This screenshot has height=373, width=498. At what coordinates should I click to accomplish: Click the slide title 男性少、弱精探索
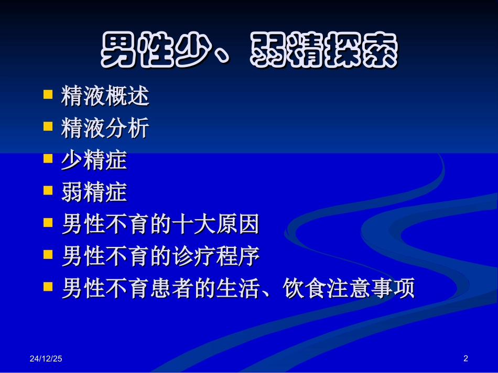pyautogui.click(x=249, y=51)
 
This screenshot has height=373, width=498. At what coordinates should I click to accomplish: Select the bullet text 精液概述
pyautogui.click(x=105, y=96)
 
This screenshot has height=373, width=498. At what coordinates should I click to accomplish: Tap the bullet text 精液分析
pyautogui.click(x=105, y=128)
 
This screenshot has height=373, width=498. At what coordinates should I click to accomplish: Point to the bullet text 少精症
pyautogui.click(x=94, y=160)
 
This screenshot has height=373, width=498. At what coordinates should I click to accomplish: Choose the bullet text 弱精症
pyautogui.click(x=94, y=193)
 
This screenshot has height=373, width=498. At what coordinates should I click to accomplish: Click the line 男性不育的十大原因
pyautogui.click(x=160, y=224)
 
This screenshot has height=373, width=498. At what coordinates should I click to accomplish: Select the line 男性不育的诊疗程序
pyautogui.click(x=160, y=256)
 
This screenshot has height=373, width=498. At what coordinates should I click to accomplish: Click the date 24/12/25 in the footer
pyautogui.click(x=46, y=359)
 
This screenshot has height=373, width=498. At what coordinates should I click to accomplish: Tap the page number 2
pyautogui.click(x=465, y=358)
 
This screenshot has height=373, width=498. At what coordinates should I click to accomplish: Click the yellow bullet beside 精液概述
pyautogui.click(x=48, y=95)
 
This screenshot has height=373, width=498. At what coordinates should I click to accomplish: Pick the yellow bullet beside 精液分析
pyautogui.click(x=48, y=127)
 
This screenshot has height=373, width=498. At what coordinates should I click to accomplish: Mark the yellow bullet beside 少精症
pyautogui.click(x=48, y=159)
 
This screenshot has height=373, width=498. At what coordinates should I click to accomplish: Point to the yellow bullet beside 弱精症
pyautogui.click(x=48, y=190)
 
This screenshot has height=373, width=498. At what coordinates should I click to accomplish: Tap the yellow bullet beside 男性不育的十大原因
pyautogui.click(x=48, y=223)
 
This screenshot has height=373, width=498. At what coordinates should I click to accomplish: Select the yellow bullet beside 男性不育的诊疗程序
pyautogui.click(x=48, y=255)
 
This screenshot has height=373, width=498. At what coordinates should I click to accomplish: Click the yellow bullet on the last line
pyautogui.click(x=48, y=287)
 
